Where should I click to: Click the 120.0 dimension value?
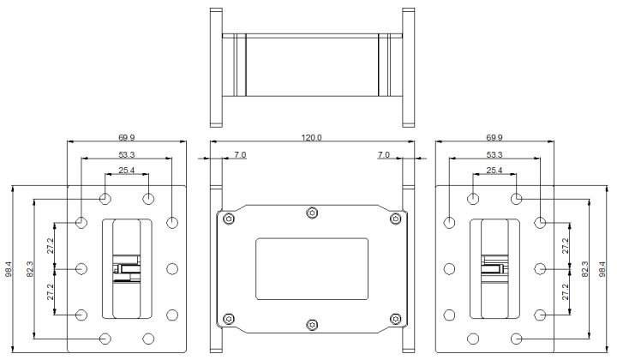click(x=312, y=137)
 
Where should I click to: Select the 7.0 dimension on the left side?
click(x=240, y=155)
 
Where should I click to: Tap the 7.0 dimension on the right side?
click(x=384, y=155)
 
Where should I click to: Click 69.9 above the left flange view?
click(x=126, y=137)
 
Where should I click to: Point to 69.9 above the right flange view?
click(x=495, y=137)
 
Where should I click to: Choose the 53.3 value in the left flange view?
click(x=126, y=155)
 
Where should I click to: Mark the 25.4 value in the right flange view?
click(x=495, y=171)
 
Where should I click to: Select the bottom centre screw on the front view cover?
click(x=312, y=325)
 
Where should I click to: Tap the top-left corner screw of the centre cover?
click(x=228, y=219)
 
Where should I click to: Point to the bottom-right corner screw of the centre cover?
click(x=395, y=319)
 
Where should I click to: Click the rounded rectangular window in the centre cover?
click(x=312, y=269)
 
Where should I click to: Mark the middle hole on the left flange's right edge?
click(x=172, y=269)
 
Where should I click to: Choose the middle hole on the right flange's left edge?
click(x=450, y=269)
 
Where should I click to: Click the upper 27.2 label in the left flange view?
click(x=52, y=246)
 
